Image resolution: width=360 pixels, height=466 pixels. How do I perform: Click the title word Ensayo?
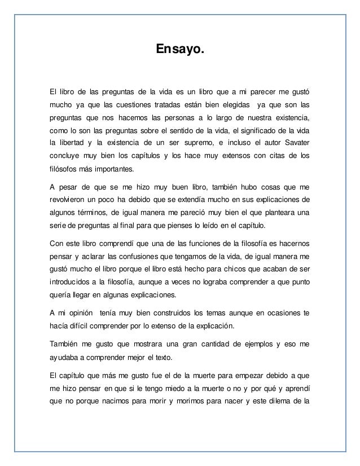click(x=180, y=51)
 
